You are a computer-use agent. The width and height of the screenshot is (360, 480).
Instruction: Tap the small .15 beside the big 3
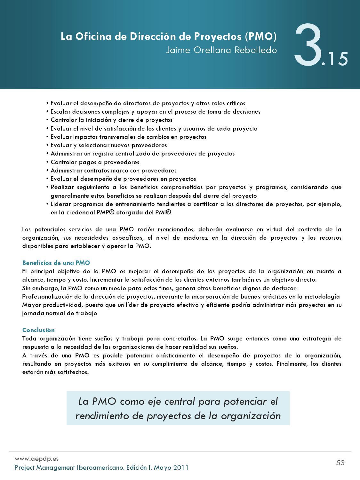click(335, 60)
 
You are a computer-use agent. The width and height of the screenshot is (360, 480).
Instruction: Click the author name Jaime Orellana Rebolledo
click(221, 50)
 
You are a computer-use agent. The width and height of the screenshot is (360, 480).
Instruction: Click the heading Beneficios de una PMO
click(56, 263)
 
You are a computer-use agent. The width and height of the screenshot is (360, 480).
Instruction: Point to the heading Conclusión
click(38, 330)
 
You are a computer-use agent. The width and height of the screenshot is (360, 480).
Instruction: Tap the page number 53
click(340, 463)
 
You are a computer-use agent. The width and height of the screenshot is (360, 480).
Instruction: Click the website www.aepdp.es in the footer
click(36, 459)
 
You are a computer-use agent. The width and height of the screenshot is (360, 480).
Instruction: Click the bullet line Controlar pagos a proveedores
click(95, 162)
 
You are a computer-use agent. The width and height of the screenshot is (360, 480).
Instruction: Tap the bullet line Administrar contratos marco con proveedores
click(113, 171)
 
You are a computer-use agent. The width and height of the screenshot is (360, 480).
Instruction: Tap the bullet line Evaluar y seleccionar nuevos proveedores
click(108, 145)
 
